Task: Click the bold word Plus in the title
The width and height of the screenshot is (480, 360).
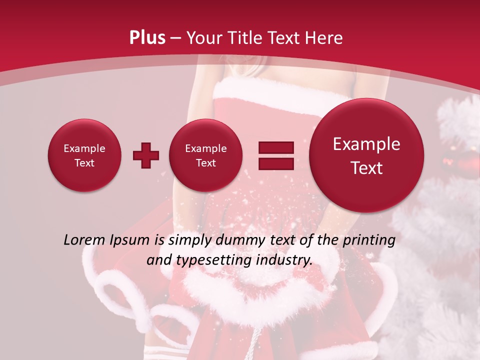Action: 147,38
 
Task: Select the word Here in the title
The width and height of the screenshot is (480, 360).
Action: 324,38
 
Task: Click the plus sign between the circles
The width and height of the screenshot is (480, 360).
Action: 146,155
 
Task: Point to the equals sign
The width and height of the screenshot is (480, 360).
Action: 276,155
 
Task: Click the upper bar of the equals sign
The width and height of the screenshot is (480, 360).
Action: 276,148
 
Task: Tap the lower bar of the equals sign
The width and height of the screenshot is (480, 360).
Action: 276,163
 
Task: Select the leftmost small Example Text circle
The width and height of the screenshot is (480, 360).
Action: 84,155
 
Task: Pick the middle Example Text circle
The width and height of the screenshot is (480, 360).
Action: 205,155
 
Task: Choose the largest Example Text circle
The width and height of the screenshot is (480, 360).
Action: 366,155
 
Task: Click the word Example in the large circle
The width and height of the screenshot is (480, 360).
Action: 366,144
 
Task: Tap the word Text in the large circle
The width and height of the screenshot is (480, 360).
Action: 366,168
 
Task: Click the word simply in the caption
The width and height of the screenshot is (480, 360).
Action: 187,240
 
